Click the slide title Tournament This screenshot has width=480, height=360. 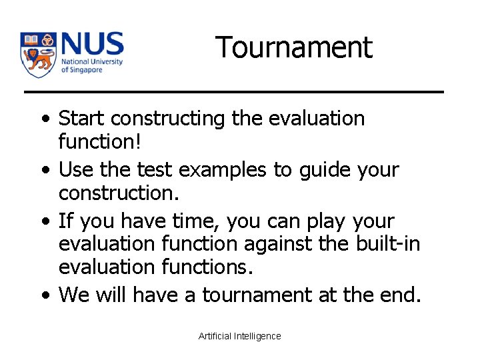pos(293,48)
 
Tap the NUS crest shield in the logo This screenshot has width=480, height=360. pos(38,54)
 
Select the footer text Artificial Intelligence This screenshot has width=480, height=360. pos(240,336)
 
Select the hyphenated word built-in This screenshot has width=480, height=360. pos(387,245)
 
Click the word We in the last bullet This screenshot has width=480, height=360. pos(73,295)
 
